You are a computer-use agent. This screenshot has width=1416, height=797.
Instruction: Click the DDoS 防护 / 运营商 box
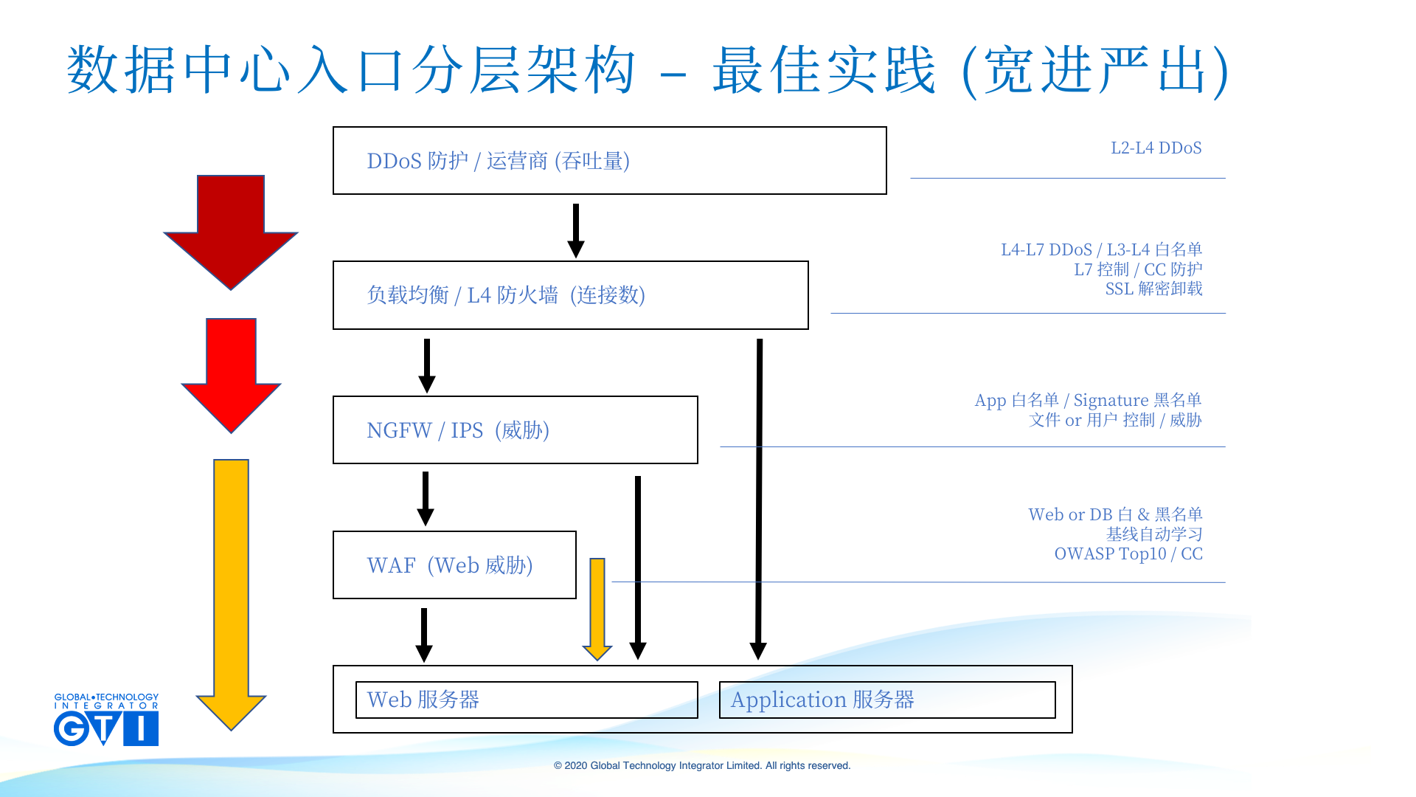click(x=609, y=161)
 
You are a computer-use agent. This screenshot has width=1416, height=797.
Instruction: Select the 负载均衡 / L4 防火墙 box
click(x=570, y=295)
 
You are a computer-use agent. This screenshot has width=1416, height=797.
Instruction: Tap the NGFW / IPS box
click(x=515, y=430)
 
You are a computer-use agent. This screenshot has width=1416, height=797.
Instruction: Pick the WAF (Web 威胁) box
click(x=454, y=565)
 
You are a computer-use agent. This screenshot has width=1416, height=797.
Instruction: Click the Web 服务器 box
click(x=527, y=700)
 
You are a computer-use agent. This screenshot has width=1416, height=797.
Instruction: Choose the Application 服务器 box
click(x=887, y=700)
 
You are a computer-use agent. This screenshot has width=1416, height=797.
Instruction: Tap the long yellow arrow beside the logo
click(x=231, y=590)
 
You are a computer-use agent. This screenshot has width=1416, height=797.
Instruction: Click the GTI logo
click(x=106, y=720)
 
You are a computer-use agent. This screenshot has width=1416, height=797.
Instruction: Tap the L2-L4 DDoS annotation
click(x=1156, y=148)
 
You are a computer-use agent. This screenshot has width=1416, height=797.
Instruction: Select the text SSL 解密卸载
click(x=1153, y=289)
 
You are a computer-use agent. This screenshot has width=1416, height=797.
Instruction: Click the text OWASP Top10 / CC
click(x=1128, y=554)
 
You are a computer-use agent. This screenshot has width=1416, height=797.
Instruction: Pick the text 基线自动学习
click(x=1154, y=534)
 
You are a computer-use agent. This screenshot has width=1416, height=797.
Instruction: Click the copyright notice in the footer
click(x=702, y=766)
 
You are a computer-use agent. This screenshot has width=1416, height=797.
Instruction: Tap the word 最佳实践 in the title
click(x=824, y=70)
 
